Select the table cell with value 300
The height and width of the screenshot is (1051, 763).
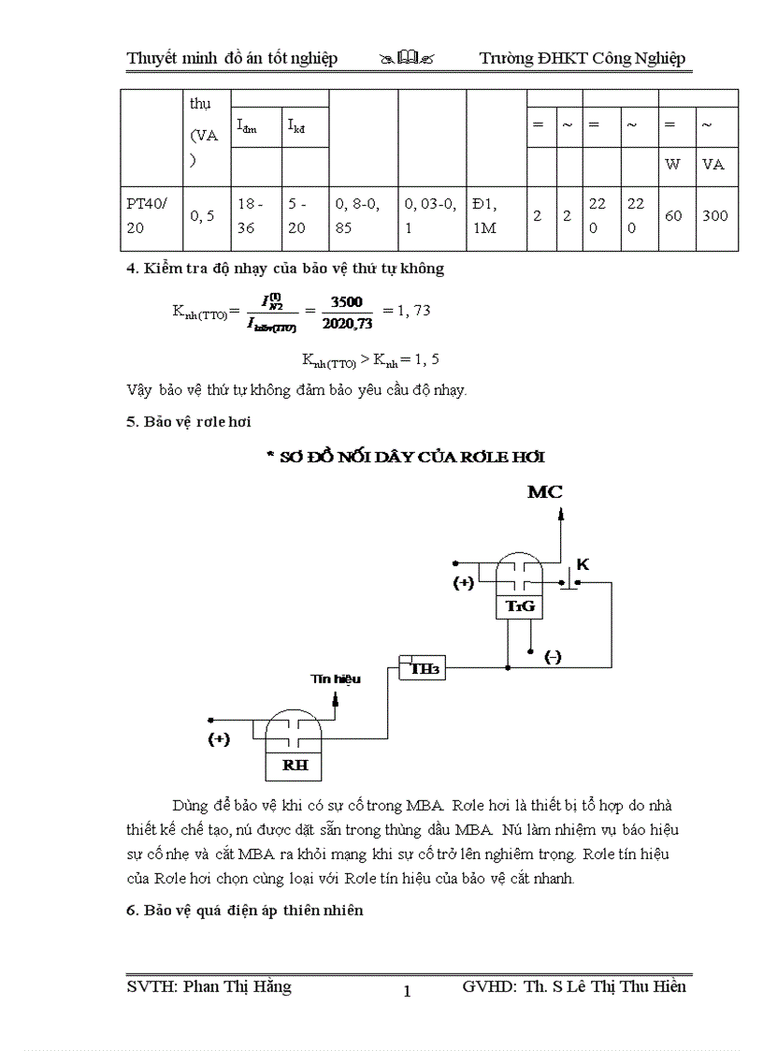(x=714, y=216)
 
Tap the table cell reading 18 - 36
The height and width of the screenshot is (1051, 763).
(x=255, y=216)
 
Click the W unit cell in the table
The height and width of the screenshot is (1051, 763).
(x=672, y=165)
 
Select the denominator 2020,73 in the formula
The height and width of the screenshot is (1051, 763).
(x=346, y=324)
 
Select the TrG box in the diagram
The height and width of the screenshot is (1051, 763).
(x=519, y=606)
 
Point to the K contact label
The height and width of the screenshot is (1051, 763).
(x=583, y=564)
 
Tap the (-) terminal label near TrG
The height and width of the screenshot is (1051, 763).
(x=553, y=657)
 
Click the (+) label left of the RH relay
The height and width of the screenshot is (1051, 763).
(x=218, y=738)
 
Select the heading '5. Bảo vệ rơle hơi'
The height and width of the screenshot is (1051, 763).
(x=189, y=421)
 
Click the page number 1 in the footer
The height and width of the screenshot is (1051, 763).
(x=407, y=991)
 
